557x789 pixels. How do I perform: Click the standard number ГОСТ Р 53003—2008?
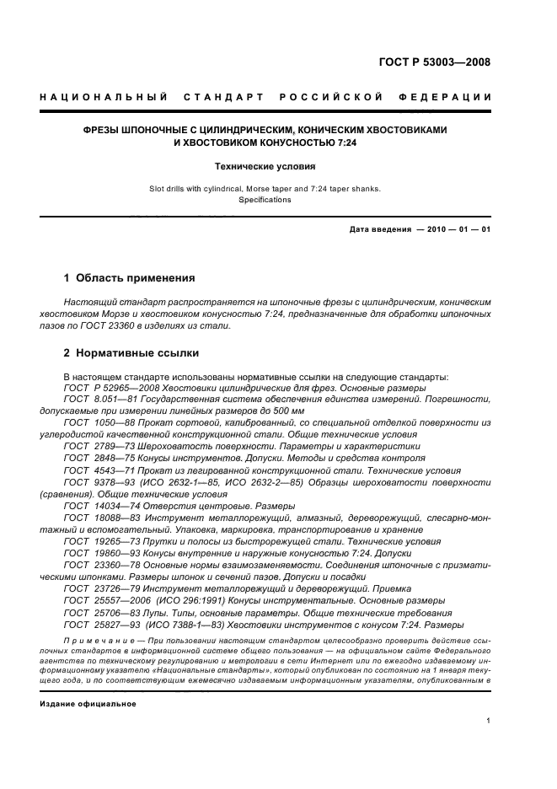436,62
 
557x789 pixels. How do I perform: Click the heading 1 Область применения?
130,277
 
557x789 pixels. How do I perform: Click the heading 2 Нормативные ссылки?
131,353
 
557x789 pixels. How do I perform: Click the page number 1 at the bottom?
489,721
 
